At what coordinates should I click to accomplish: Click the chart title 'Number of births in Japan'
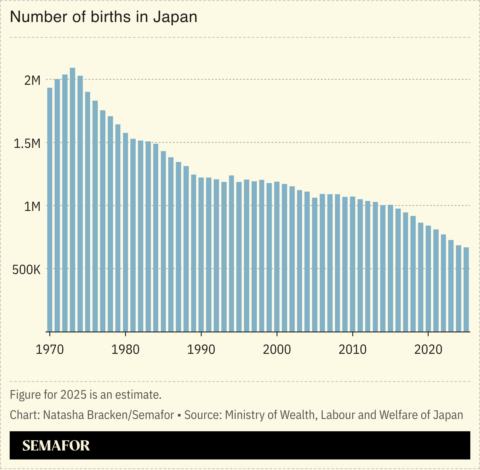104,17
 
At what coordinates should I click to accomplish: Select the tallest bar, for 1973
73,200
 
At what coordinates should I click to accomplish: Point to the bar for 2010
353,264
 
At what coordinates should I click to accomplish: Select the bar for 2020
428,278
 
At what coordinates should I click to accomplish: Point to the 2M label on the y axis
32,80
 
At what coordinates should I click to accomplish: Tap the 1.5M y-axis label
27,143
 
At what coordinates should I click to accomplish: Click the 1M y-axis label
32,207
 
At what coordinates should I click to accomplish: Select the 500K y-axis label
26,270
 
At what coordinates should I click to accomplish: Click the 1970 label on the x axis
50,349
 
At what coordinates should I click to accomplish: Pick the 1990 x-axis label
201,349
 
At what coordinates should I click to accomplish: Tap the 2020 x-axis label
428,349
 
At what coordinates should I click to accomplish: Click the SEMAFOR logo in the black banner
56,445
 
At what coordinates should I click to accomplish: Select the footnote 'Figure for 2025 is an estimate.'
86,395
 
